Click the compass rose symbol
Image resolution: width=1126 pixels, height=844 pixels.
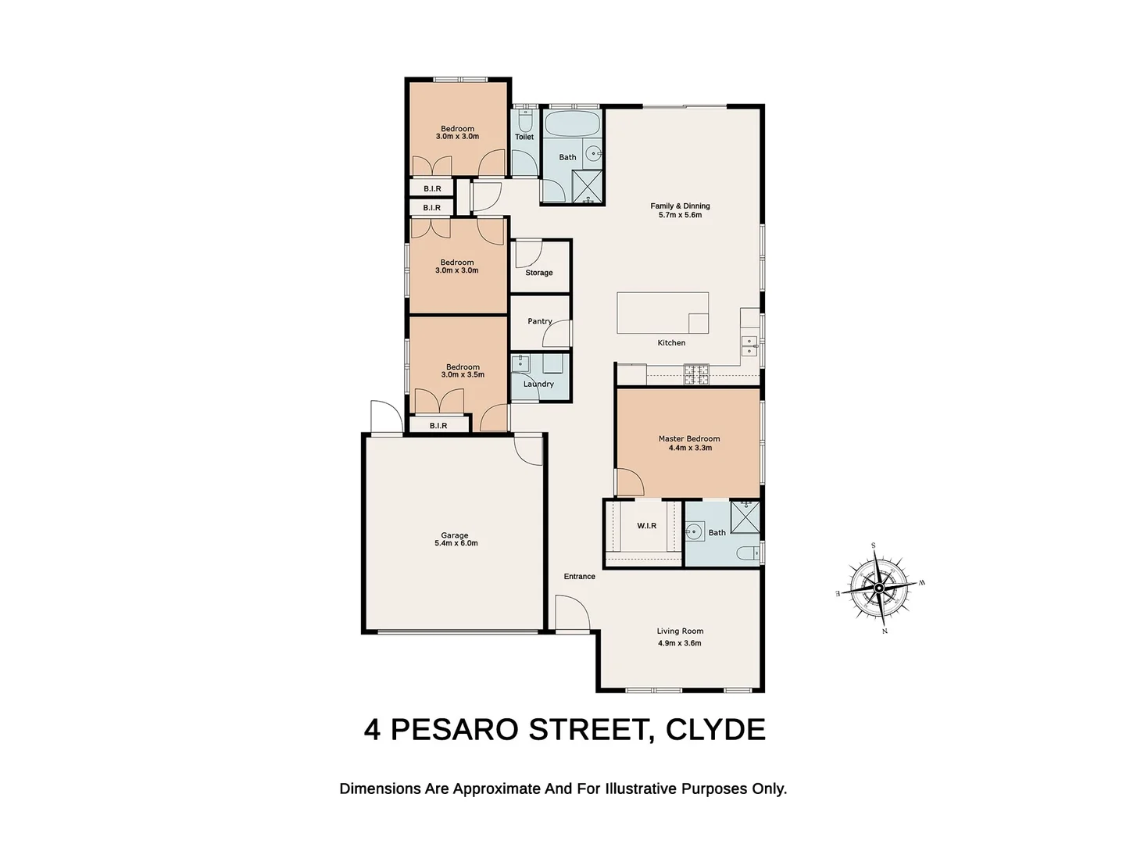(x=879, y=588)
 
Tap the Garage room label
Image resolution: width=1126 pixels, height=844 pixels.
(x=455, y=535)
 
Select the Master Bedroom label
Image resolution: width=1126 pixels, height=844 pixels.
(x=689, y=438)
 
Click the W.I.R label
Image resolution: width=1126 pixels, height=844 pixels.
(x=646, y=526)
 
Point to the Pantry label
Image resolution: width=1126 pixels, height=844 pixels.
(x=539, y=321)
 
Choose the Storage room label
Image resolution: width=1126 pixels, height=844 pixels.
(x=538, y=273)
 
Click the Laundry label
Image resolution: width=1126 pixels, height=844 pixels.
(x=538, y=384)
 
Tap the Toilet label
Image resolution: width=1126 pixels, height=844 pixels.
(x=524, y=137)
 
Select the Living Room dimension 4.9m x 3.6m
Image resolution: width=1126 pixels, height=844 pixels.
(x=680, y=643)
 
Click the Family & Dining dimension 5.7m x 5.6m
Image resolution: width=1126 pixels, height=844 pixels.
(x=680, y=215)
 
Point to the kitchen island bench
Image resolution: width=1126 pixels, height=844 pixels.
(x=663, y=313)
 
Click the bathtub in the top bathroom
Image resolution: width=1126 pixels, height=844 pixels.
(x=572, y=124)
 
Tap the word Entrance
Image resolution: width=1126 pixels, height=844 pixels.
(x=579, y=577)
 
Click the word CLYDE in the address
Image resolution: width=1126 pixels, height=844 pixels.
(x=715, y=729)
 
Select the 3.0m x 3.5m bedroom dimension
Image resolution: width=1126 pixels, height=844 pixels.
(x=463, y=375)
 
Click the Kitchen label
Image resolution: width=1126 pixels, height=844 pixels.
(x=671, y=343)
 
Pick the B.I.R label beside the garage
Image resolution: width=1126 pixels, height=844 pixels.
(x=438, y=426)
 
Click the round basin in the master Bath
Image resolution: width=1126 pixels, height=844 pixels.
(x=692, y=532)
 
